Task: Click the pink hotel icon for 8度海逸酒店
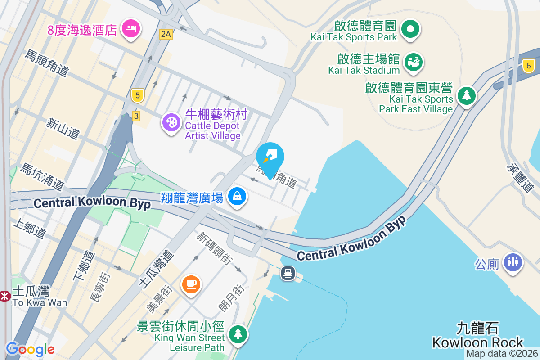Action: click(x=131, y=29)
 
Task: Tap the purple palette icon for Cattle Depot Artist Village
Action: click(x=171, y=121)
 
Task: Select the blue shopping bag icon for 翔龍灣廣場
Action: click(x=237, y=196)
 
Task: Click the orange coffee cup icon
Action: click(x=191, y=283)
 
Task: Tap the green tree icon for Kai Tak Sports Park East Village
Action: click(x=467, y=95)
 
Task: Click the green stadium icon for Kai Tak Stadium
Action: click(x=413, y=62)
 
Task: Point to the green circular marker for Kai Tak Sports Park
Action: click(x=410, y=29)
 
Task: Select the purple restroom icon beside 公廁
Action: click(x=513, y=261)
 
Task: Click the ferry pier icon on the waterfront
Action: click(x=288, y=273)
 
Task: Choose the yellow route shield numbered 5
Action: click(x=138, y=95)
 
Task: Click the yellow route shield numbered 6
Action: click(x=529, y=66)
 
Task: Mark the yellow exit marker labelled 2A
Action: click(x=166, y=34)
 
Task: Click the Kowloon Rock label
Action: click(x=477, y=335)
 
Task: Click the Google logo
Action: click(x=30, y=349)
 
